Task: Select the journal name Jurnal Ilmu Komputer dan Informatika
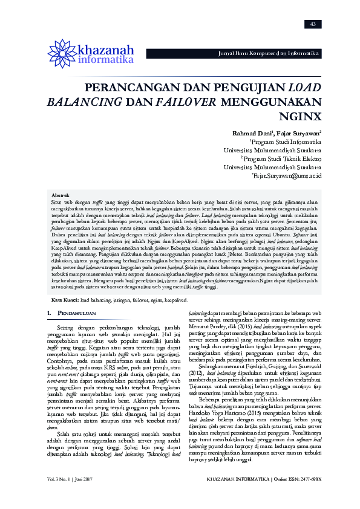tap(268, 54)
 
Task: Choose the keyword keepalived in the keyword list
tap(175, 299)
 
